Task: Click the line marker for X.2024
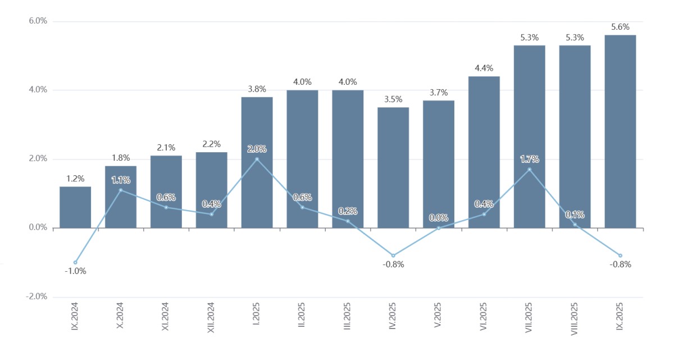point(121,190)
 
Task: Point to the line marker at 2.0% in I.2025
point(257,159)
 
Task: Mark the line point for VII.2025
point(529,169)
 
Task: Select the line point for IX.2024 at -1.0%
point(75,262)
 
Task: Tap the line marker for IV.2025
point(393,256)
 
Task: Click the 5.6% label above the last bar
point(620,27)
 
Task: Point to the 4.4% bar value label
point(484,69)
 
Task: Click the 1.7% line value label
point(529,159)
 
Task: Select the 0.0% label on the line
point(439,217)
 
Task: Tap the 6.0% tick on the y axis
point(38,21)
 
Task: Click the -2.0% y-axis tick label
point(37,297)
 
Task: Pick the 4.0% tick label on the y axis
point(38,90)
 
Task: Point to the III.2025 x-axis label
point(348,317)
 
